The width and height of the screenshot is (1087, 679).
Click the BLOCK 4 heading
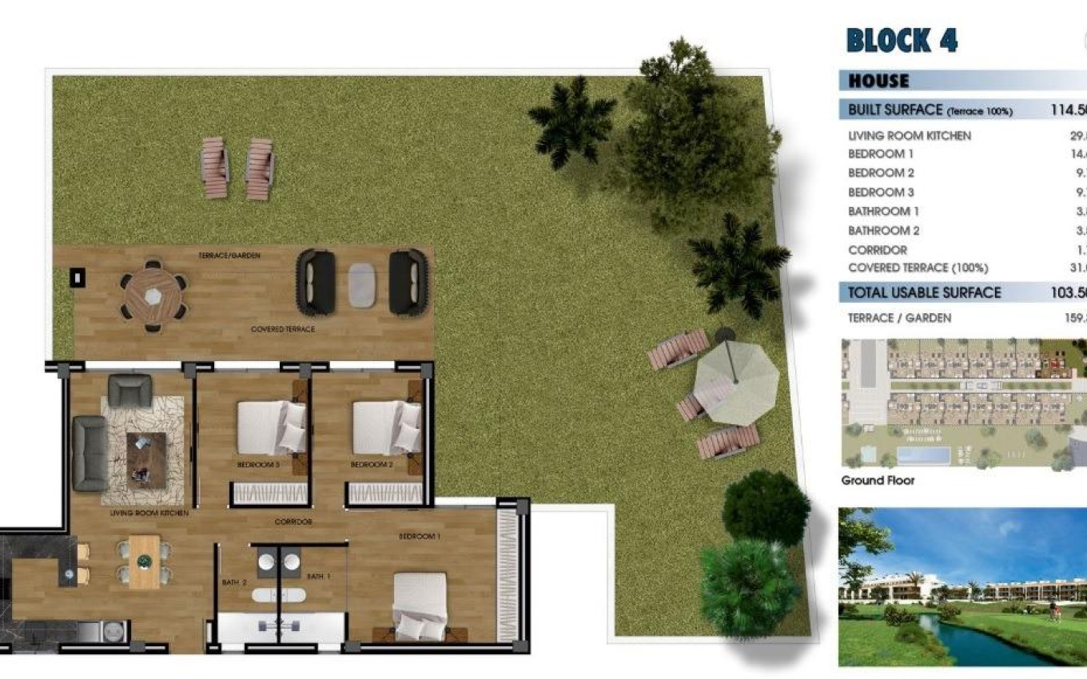coord(902,40)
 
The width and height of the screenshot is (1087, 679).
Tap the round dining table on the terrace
coord(153,295)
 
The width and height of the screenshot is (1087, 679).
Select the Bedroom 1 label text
coord(419,536)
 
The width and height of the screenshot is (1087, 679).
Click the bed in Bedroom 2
coord(387,427)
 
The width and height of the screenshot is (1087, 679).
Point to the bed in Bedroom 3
coord(271,427)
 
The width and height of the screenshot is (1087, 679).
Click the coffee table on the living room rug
coord(146,459)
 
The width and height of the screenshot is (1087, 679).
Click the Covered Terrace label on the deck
coord(282,329)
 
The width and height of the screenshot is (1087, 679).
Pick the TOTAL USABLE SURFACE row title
coord(924,292)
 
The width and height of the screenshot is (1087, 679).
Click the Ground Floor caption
coord(878,480)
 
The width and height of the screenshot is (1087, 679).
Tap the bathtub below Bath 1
coord(279,595)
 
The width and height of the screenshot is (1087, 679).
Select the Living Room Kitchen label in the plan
coord(149,513)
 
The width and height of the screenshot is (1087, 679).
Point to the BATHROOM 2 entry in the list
coord(883,230)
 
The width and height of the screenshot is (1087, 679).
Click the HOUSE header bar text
coord(878,81)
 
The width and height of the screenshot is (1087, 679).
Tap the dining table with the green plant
coord(145,562)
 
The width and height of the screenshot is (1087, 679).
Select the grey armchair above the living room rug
coord(129,391)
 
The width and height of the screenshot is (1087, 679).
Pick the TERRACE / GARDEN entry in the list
coord(899,318)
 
